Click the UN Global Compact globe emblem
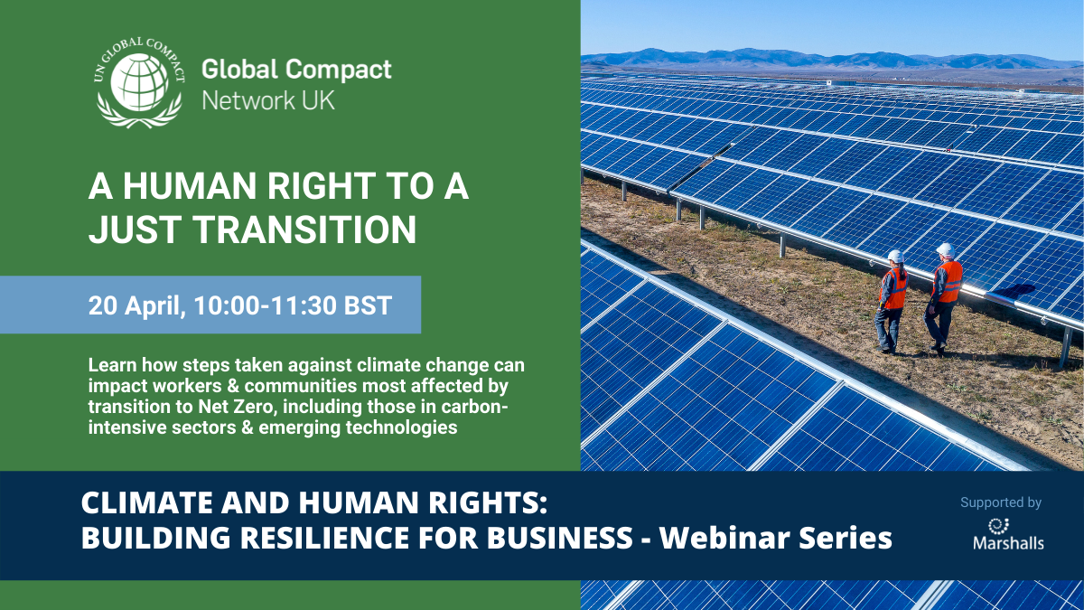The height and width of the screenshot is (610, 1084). click(139, 82)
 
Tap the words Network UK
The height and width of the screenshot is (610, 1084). click(268, 100)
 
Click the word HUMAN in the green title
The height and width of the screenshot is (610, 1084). click(189, 186)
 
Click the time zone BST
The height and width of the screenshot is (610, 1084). click(368, 305)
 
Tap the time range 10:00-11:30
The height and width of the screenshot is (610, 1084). click(265, 305)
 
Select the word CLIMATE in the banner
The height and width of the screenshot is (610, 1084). click(147, 502)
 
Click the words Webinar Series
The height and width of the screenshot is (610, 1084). click(776, 538)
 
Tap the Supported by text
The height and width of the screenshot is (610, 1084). click(1001, 502)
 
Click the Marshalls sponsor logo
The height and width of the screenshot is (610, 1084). click(1008, 534)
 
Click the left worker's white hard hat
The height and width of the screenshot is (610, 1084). click(896, 256)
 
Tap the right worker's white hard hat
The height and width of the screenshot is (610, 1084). click(945, 249)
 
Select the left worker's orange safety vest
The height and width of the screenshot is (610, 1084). click(894, 288)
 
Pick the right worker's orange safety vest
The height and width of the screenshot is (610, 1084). click(948, 282)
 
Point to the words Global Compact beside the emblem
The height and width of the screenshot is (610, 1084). click(296, 70)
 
